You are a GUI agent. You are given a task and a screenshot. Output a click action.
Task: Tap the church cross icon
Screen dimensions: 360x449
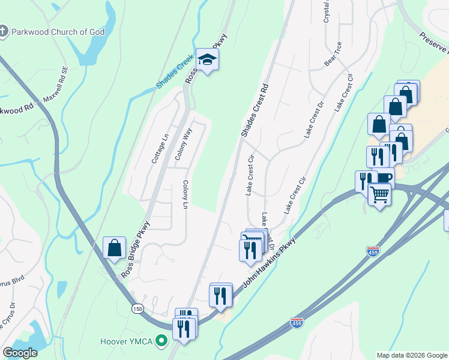coord(4,32)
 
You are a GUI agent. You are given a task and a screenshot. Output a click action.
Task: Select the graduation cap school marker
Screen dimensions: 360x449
coord(207,59)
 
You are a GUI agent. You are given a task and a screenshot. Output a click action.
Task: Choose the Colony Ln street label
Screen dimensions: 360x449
coord(185,195)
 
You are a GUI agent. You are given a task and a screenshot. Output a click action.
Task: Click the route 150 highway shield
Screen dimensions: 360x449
coord(138,308)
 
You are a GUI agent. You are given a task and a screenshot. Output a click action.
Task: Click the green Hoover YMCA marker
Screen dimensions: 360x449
coord(160,342)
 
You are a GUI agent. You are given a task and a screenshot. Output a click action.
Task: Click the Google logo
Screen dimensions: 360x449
coord(20,353)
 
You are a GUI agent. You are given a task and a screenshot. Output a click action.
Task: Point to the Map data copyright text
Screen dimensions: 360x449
coord(411,355)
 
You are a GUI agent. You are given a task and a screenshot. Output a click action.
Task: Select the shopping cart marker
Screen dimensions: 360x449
coord(379,194)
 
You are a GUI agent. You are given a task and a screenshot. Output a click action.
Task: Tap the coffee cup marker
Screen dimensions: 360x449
coord(382,178)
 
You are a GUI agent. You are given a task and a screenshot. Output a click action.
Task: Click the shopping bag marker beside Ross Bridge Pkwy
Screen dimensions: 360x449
coord(114,248)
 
